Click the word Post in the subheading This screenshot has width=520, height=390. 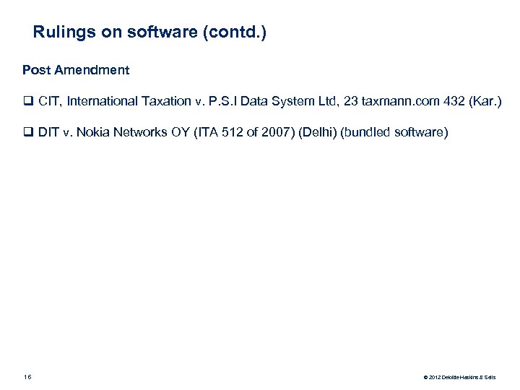pyautogui.click(x=35, y=70)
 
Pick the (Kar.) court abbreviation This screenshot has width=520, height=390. pyautogui.click(x=484, y=101)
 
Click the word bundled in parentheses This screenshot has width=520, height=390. pyautogui.click(x=363, y=133)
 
